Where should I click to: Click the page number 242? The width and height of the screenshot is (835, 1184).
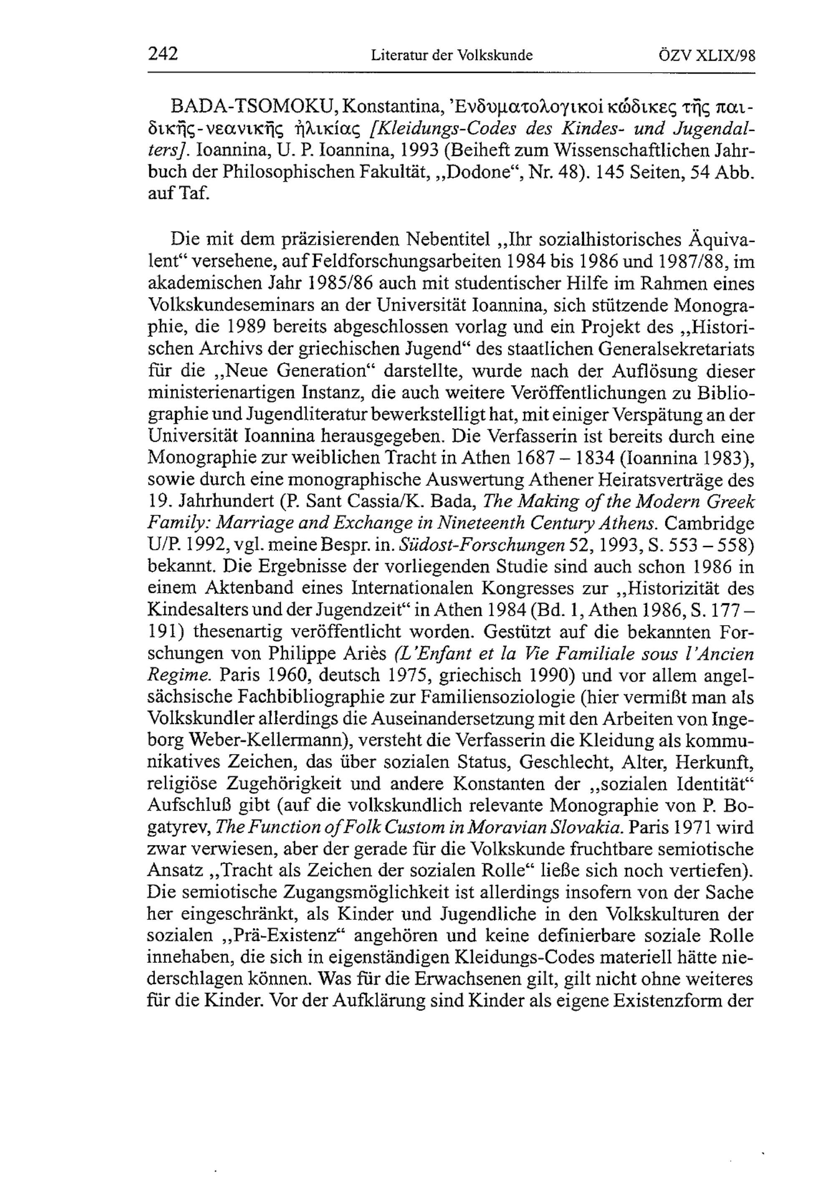click(x=162, y=54)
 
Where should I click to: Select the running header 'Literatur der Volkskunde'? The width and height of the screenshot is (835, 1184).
click(x=451, y=55)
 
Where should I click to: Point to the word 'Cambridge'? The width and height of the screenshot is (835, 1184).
click(x=708, y=523)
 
